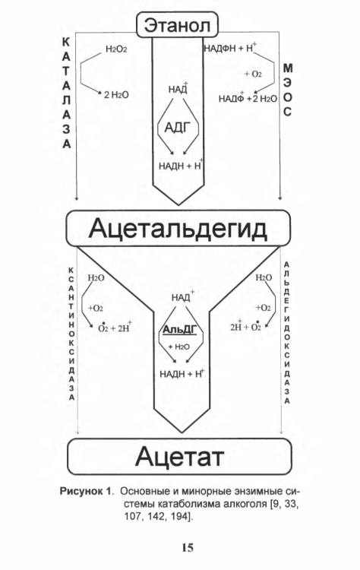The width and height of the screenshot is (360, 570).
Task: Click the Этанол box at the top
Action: click(x=177, y=24)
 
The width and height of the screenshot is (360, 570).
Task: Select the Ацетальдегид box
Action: click(x=178, y=228)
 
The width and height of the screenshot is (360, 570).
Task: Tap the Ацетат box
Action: click(x=179, y=456)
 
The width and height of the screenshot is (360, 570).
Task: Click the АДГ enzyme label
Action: click(x=178, y=127)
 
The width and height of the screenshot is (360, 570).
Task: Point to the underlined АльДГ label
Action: click(x=179, y=330)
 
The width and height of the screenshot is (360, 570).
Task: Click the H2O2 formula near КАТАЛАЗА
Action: click(x=116, y=49)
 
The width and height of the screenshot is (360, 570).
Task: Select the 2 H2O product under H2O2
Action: click(x=116, y=95)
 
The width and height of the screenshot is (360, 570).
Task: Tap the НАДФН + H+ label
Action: click(x=230, y=48)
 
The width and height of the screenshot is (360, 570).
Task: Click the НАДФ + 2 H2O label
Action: click(x=248, y=98)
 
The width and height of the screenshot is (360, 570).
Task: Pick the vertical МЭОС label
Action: click(x=287, y=90)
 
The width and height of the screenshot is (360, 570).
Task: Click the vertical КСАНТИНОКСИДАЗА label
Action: click(x=71, y=334)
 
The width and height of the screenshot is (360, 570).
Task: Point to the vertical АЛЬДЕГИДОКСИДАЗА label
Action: click(x=287, y=333)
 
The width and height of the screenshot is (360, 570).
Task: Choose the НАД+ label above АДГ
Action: click(x=178, y=89)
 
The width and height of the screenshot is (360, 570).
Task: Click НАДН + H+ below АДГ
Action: click(x=181, y=166)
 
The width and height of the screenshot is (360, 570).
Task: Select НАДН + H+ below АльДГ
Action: click(x=182, y=373)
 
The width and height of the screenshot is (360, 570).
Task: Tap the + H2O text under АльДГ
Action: click(x=178, y=347)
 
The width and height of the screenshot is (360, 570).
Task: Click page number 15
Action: click(x=188, y=547)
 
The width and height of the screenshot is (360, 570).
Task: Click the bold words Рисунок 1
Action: click(x=85, y=491)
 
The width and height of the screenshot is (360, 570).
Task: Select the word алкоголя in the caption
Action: click(x=241, y=504)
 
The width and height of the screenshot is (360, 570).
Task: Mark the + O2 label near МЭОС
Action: click(x=253, y=74)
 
